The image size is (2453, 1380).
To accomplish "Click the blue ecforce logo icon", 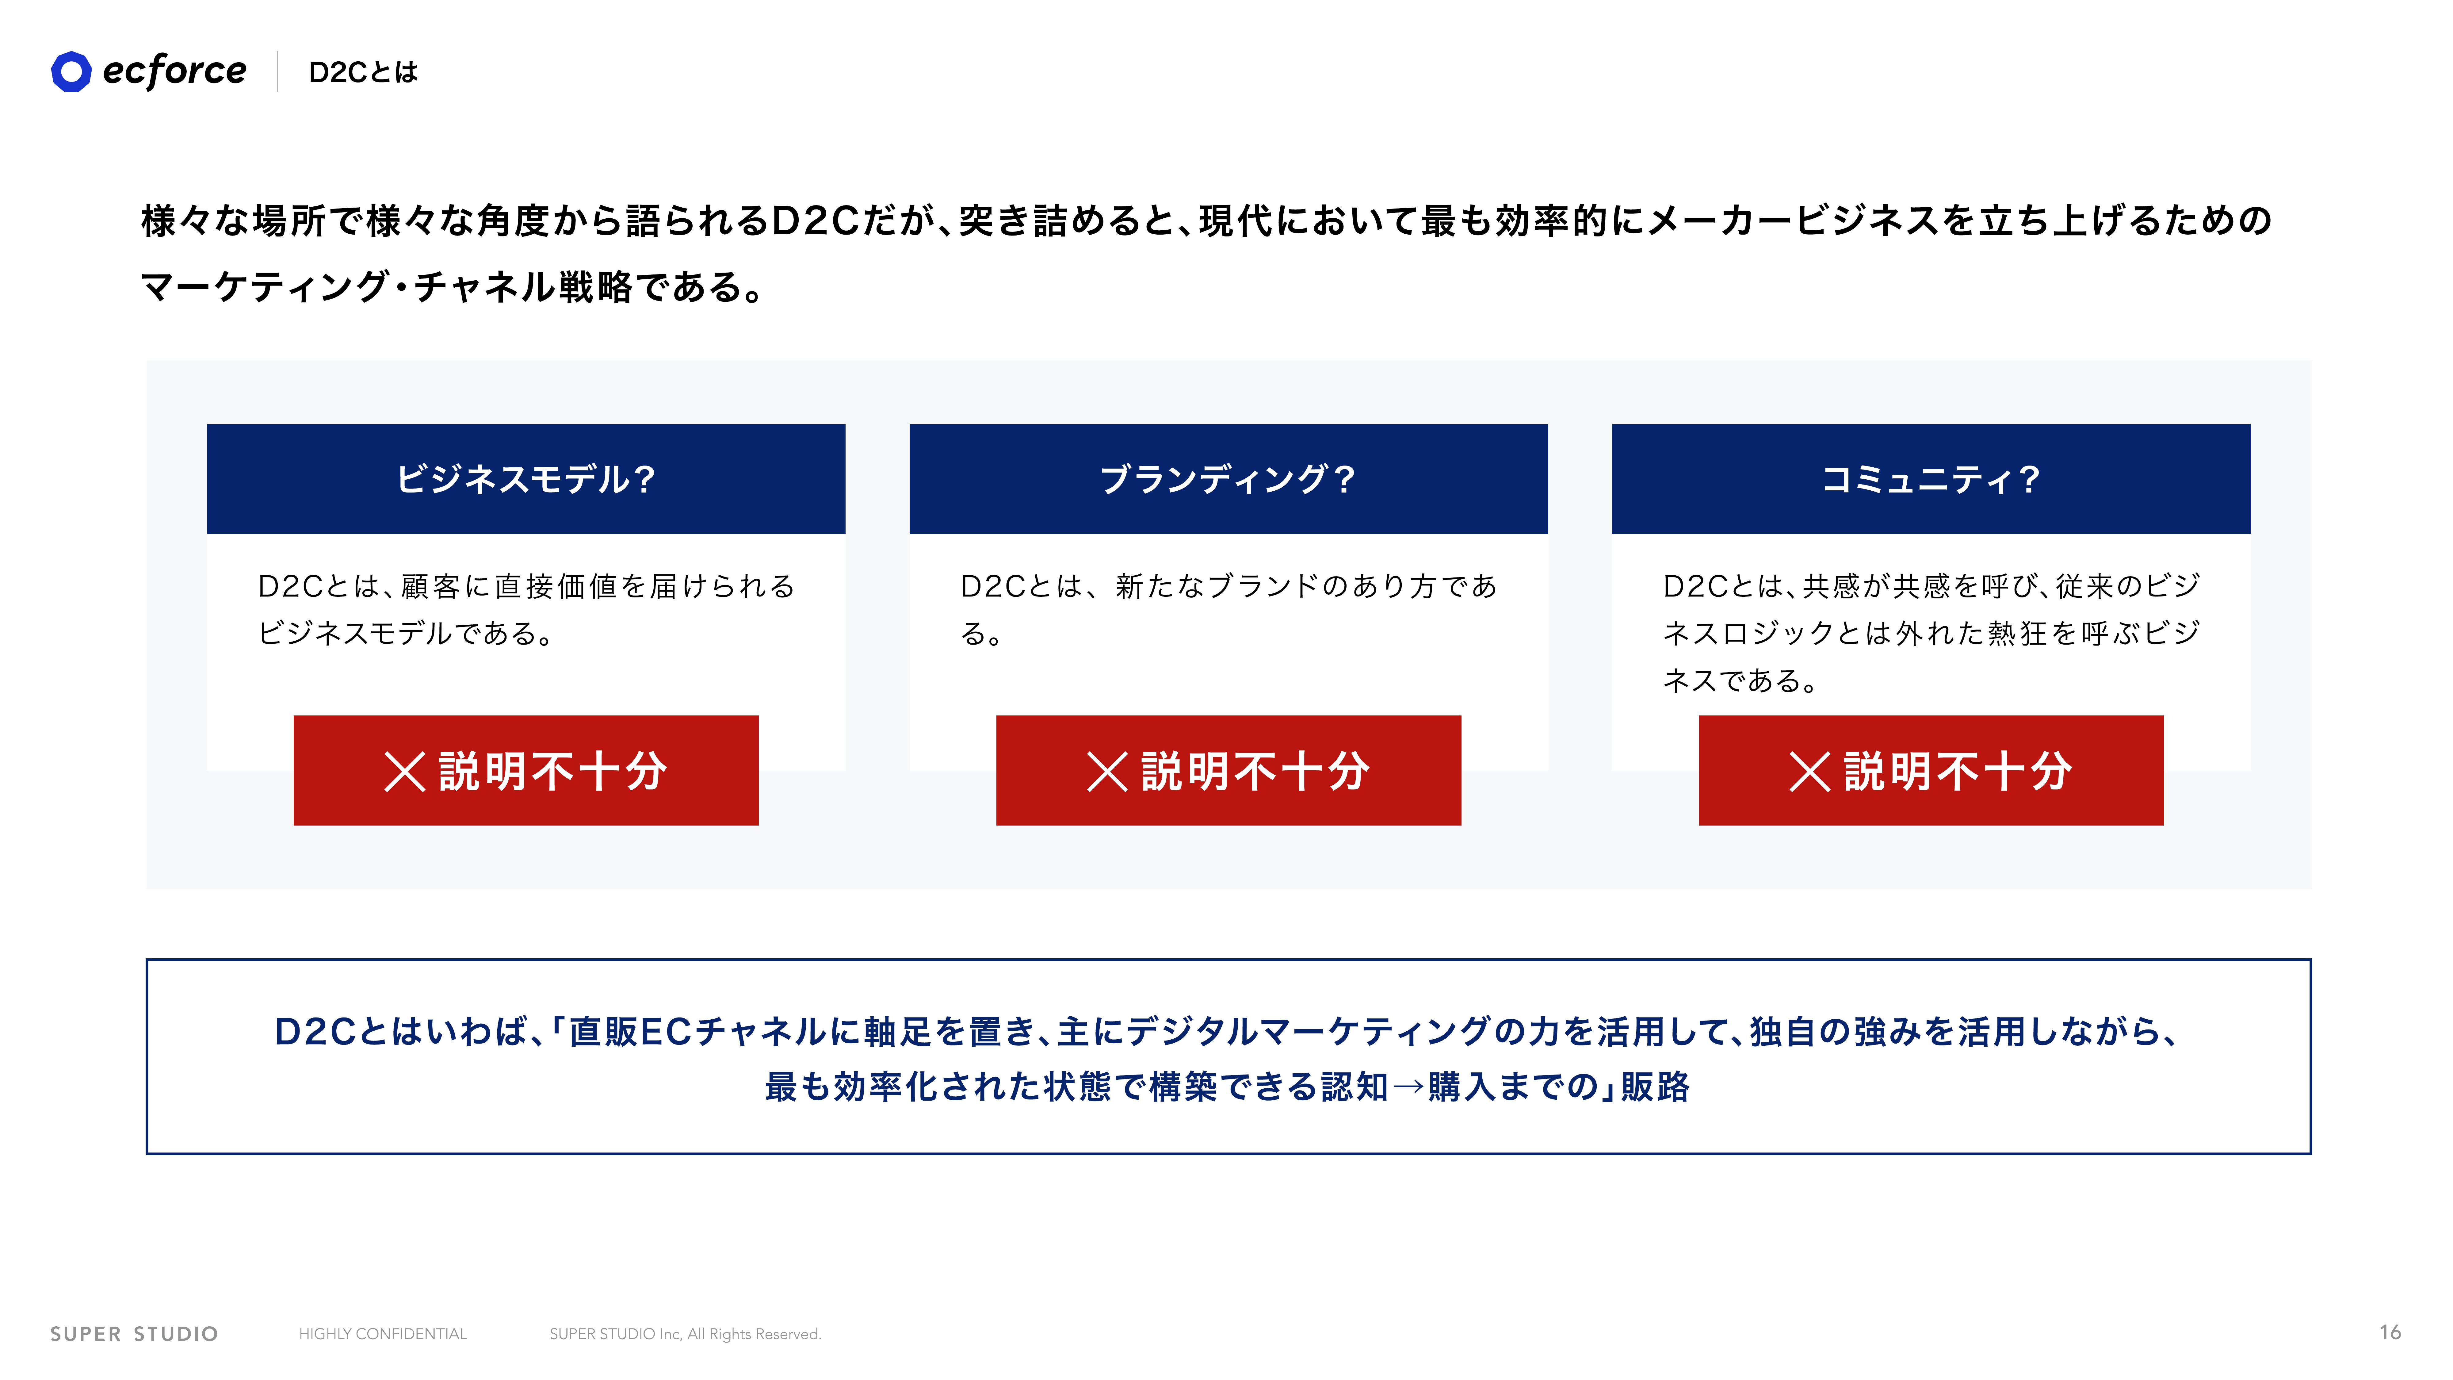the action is coord(71,71).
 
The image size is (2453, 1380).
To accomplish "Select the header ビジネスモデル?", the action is coord(525,479).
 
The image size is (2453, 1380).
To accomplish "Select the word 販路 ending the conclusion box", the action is coord(1656,1087).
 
